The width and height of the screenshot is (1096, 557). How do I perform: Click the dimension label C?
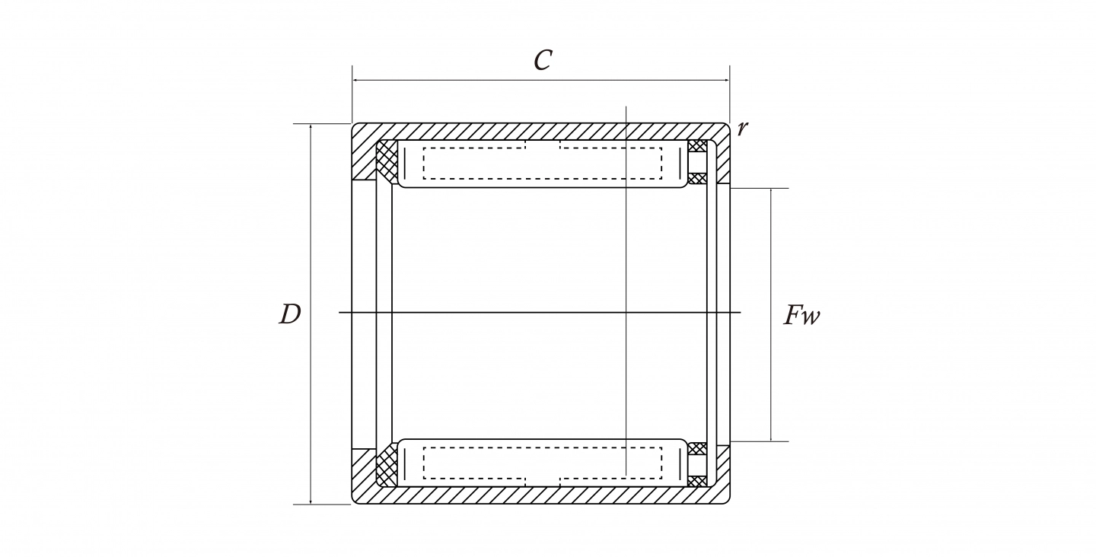(543, 60)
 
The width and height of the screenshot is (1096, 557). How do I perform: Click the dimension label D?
(290, 314)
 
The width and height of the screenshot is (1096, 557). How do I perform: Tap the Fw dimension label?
(801, 315)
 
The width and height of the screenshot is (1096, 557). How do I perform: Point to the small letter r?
(742, 129)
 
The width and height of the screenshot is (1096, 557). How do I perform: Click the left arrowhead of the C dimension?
(356, 80)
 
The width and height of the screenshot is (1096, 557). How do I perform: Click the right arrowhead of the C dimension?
(725, 80)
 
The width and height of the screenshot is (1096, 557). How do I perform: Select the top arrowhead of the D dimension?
(311, 128)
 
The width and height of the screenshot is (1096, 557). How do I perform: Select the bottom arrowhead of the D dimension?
(311, 500)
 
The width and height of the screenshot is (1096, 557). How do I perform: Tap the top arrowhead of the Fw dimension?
(771, 193)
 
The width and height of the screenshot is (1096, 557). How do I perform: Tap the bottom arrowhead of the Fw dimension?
(771, 438)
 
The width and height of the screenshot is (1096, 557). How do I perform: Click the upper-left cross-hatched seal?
(387, 161)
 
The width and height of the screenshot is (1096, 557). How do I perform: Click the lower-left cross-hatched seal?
(387, 465)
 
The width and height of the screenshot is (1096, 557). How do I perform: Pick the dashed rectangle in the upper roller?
(543, 164)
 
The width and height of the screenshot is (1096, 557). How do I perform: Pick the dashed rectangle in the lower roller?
(543, 463)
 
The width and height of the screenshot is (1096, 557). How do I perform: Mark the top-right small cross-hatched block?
(697, 146)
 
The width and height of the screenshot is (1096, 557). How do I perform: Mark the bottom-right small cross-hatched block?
(697, 481)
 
